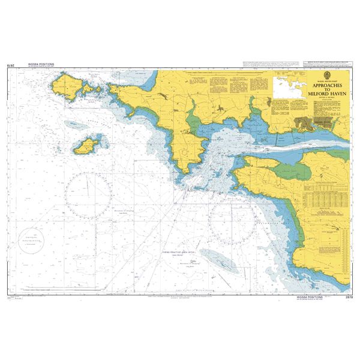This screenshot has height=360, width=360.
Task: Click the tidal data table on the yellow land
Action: point(325,199)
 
